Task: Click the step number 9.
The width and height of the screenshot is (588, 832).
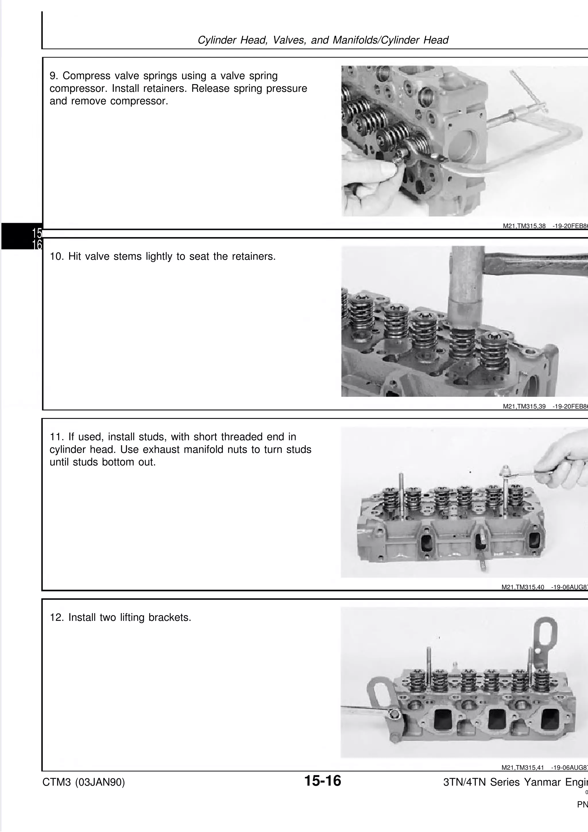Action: (x=54, y=76)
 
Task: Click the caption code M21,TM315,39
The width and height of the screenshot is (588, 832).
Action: (x=524, y=407)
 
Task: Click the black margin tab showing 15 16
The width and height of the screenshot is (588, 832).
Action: (x=22, y=236)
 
